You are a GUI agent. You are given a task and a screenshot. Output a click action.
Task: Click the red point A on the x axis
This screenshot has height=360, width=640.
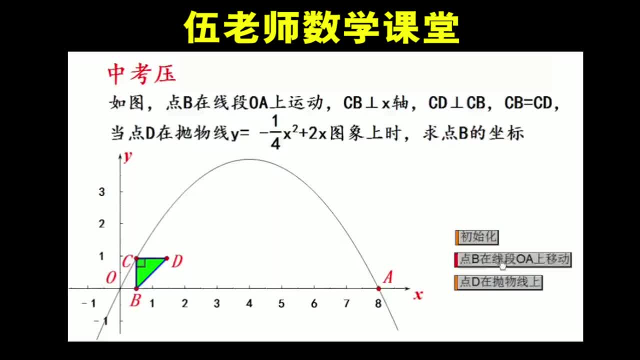point(378,288)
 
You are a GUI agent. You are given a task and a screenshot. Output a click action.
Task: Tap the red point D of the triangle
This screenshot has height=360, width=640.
point(166,258)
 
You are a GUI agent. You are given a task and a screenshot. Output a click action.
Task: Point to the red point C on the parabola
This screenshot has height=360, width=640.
point(136,258)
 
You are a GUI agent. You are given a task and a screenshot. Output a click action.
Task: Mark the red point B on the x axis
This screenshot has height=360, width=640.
point(136,288)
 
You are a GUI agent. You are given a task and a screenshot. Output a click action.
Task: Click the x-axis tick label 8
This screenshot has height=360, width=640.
point(378,303)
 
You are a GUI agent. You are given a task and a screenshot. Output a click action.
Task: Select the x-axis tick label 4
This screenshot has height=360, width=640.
point(249,303)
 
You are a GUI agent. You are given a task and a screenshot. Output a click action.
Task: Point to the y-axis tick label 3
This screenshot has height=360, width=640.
point(101,191)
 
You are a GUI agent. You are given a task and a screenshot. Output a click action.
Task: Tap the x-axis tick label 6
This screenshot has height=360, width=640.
point(313,303)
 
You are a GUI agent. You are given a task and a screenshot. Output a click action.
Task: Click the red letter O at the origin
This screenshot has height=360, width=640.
point(110,278)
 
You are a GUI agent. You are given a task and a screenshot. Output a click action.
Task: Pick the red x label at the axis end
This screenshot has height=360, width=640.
point(418,295)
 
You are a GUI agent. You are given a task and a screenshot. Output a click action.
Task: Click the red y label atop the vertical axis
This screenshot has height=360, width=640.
point(128,156)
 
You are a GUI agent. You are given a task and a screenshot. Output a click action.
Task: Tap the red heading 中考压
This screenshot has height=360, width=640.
point(142,74)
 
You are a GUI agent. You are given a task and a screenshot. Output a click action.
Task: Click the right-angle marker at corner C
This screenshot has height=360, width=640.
point(140,263)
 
